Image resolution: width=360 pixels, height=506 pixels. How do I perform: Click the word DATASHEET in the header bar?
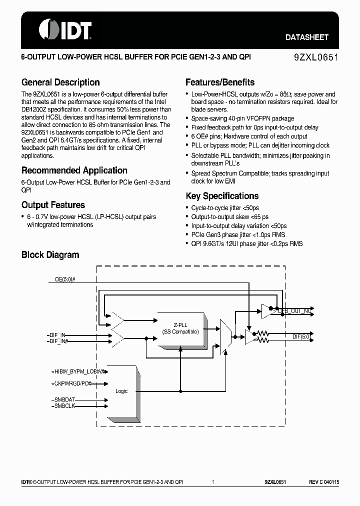(306, 37)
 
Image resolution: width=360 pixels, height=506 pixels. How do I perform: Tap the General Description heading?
(60, 82)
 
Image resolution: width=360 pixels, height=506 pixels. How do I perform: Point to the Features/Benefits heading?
(220, 82)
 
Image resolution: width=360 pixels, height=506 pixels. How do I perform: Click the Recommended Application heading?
(74, 170)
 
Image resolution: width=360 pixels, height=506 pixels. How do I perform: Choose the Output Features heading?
(53, 205)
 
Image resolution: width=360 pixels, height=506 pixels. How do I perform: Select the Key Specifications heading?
(222, 196)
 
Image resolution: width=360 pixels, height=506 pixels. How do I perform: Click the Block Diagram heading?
(50, 255)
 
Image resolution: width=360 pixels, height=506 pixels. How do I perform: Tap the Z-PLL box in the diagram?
(180, 327)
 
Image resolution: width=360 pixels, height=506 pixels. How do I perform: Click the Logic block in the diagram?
(121, 391)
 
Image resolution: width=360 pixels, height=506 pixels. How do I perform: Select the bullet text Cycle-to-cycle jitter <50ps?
(225, 207)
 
